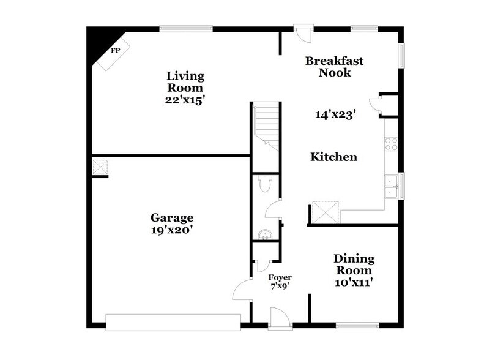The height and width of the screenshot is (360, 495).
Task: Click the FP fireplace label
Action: pos(114,51)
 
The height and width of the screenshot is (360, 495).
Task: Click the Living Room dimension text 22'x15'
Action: pos(184,99)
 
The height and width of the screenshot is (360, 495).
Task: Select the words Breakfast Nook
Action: pos(334,66)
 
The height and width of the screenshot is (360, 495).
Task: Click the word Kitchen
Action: pos(333,157)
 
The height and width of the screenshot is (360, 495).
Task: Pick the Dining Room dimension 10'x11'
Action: pos(354,282)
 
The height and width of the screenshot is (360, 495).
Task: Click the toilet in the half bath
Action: pos(265,183)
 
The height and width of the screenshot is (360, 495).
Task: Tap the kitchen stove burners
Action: pos(391,144)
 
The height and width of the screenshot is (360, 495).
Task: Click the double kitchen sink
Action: pos(390,186)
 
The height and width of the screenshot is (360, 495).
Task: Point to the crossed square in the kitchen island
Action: pos(325,211)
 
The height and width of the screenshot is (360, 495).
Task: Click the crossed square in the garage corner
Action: pos(100,167)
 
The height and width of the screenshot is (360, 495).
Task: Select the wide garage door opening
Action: pos(173,322)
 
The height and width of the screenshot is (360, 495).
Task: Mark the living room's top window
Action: pos(186,28)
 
